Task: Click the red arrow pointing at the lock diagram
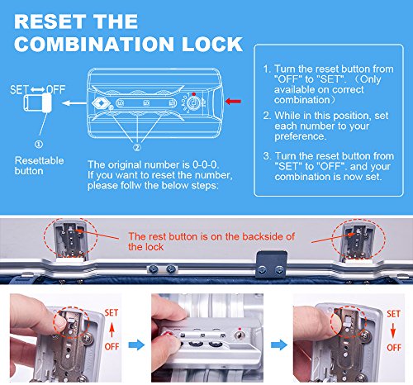(233, 102)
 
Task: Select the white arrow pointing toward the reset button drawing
(74, 103)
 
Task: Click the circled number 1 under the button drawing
(39, 144)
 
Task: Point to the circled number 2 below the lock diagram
(137, 147)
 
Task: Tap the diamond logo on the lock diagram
(101, 103)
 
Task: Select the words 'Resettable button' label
(39, 166)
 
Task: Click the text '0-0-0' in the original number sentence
(205, 164)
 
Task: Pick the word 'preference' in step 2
(299, 136)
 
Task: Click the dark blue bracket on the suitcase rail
(272, 264)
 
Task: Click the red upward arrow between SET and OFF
(112, 330)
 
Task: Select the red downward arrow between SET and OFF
(393, 330)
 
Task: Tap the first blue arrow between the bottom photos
(136, 345)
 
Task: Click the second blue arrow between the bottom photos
(279, 345)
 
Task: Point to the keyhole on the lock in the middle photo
(240, 335)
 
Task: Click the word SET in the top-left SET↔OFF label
(19, 90)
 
